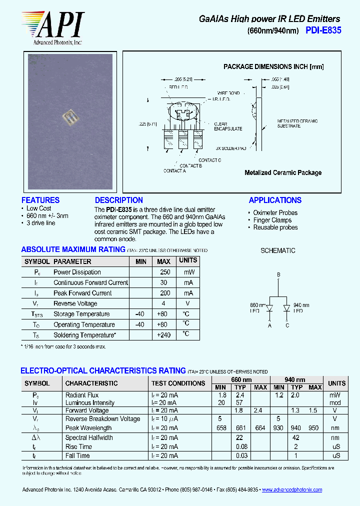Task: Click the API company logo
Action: coord(52,27)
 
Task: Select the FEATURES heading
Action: coord(40,200)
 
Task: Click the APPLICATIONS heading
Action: coord(275,200)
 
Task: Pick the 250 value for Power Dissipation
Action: coord(165,272)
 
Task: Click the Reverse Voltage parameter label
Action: coord(75,303)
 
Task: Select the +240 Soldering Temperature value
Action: coord(163,335)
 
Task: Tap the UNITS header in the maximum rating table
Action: coord(188,260)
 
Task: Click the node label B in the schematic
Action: coord(278,274)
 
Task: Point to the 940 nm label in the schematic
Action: coord(301,305)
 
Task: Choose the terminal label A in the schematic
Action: coord(269,325)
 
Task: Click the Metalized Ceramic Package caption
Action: coord(283,172)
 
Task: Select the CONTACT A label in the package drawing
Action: coord(174,171)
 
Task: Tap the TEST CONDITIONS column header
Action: coord(178,383)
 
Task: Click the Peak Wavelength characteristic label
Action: coord(88,428)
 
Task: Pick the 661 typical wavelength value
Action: coord(240,428)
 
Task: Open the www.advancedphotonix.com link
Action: coord(292,490)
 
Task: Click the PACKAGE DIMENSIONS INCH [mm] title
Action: coord(273,66)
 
